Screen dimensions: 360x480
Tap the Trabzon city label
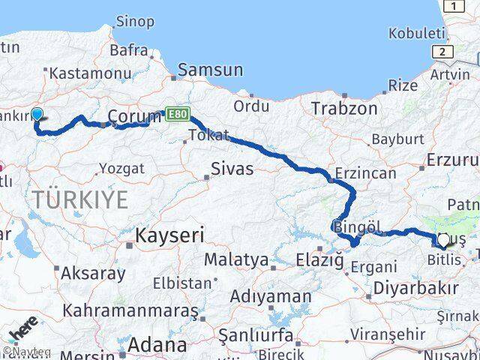[344, 108]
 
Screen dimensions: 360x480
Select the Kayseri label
[169, 235]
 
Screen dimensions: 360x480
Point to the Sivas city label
[232, 169]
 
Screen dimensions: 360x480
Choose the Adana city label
[157, 346]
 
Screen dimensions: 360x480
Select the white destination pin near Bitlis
[442, 241]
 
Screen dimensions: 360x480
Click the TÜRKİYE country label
[80, 199]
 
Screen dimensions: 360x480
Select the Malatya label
[236, 260]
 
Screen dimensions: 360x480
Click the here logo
[23, 331]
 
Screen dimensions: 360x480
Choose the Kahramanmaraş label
[130, 310]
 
